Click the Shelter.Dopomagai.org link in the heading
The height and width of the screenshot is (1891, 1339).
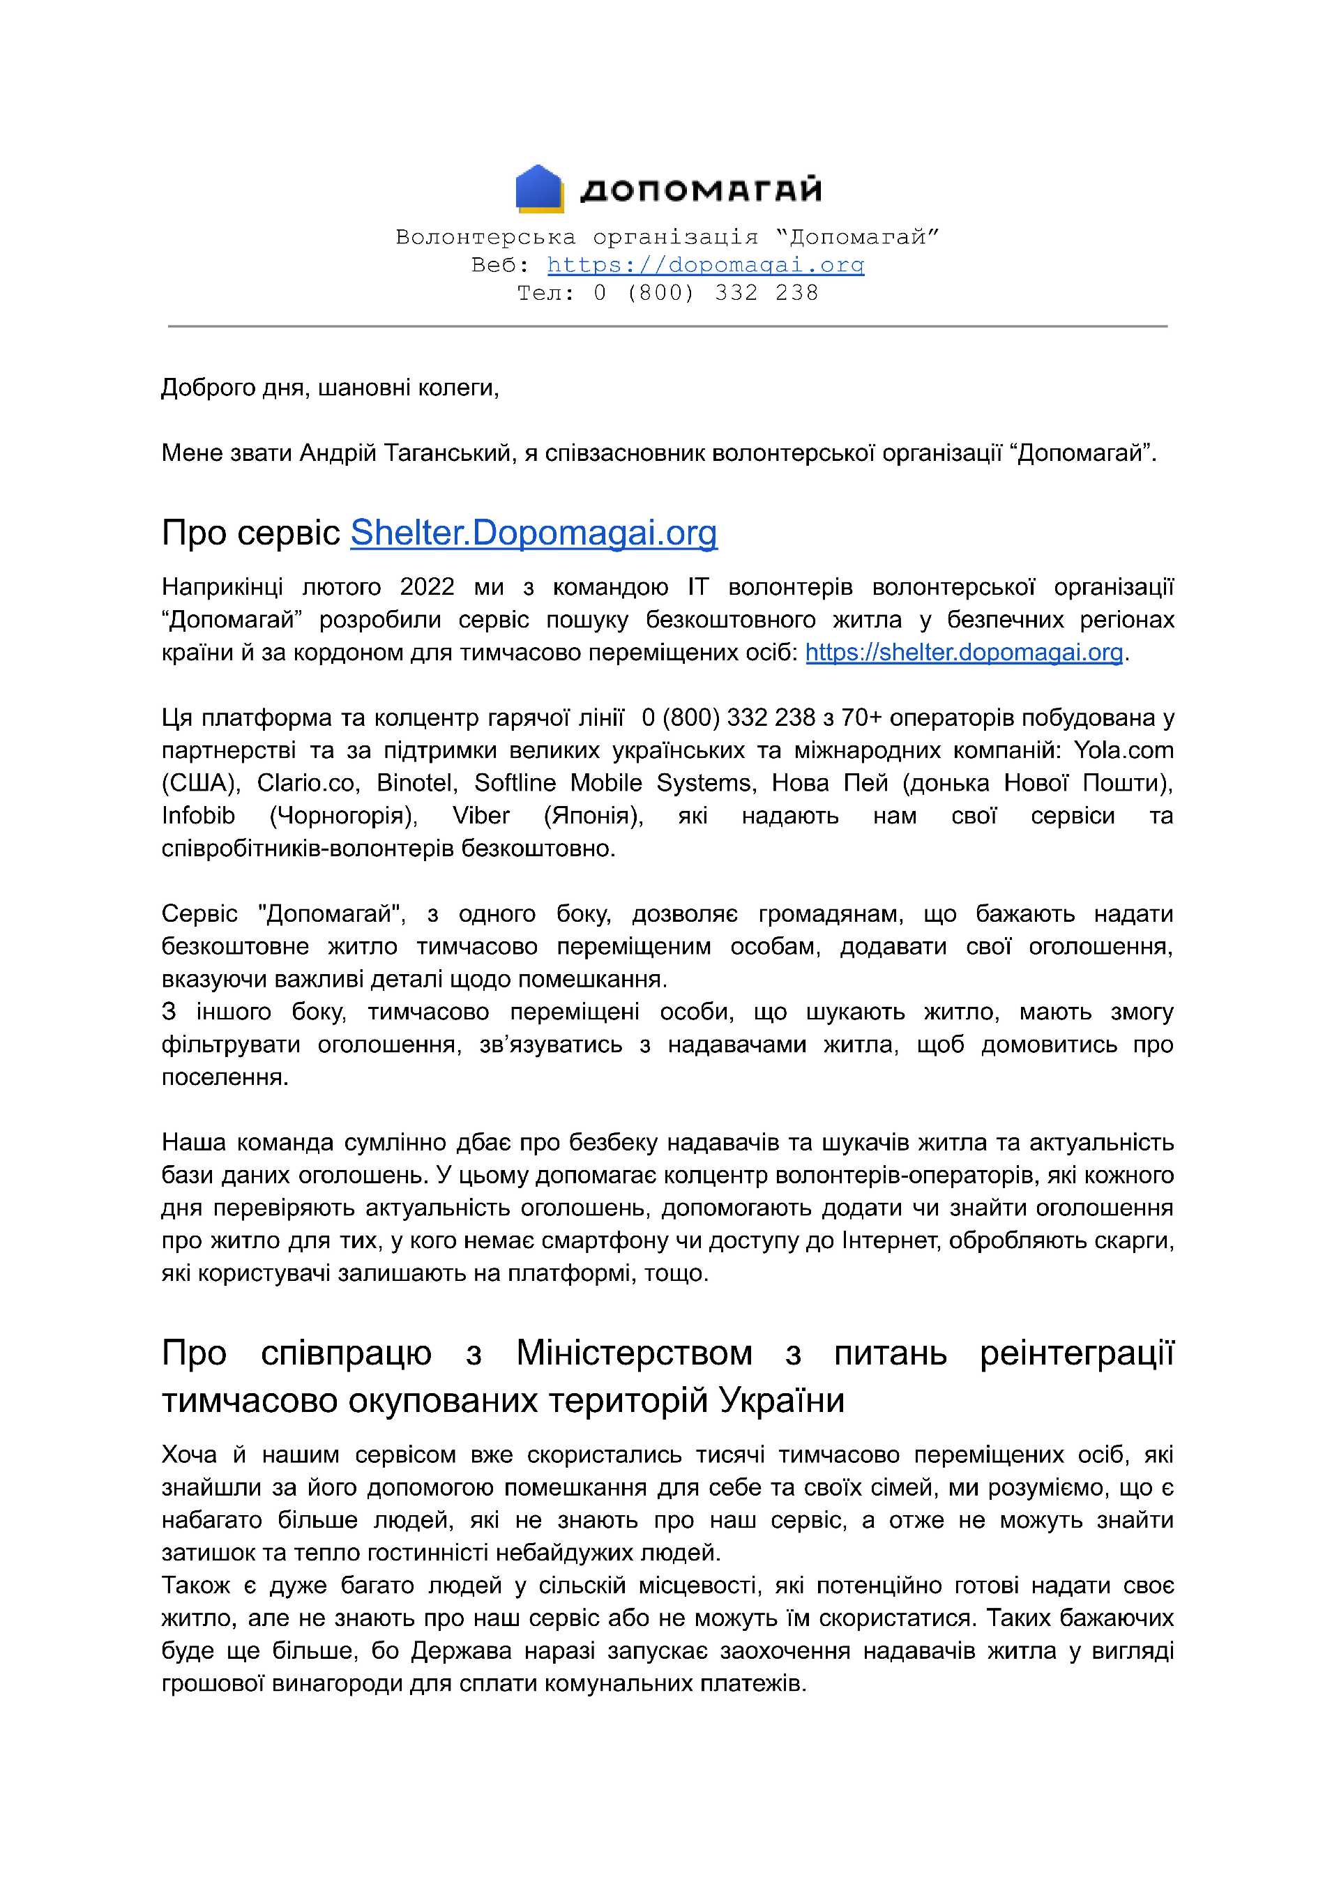(534, 533)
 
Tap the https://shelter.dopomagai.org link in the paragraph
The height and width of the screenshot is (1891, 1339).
(964, 653)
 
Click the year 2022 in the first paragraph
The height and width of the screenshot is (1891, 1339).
(427, 587)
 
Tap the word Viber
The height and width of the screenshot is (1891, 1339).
(481, 816)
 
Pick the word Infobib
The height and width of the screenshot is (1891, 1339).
(198, 816)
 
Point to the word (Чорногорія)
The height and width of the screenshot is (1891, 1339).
(343, 816)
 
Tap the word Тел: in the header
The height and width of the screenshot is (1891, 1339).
(546, 294)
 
